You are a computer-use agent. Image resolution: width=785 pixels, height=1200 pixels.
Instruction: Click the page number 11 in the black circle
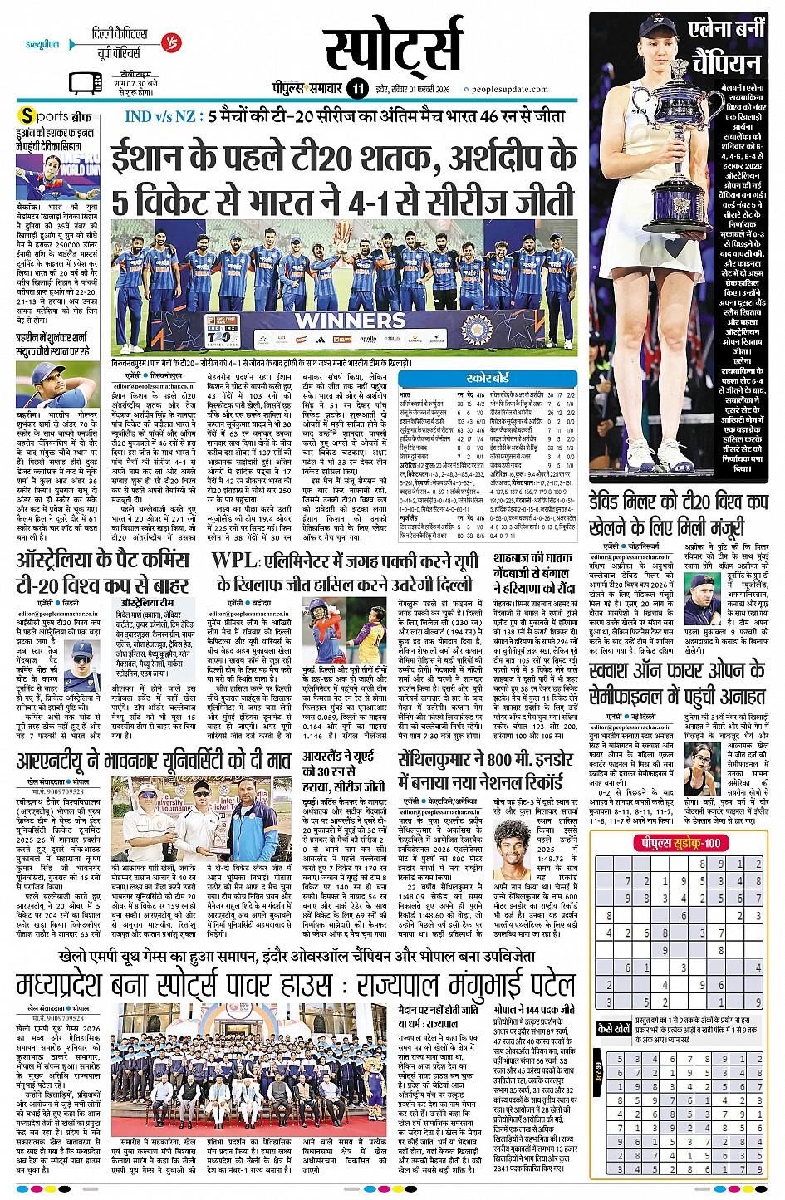[x=358, y=88]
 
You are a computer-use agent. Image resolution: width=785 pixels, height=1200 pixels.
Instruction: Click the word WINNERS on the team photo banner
[x=361, y=319]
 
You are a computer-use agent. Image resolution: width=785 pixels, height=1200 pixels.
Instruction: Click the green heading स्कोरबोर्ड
[x=488, y=378]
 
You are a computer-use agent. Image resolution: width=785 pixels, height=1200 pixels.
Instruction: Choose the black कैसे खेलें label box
[x=614, y=1028]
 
